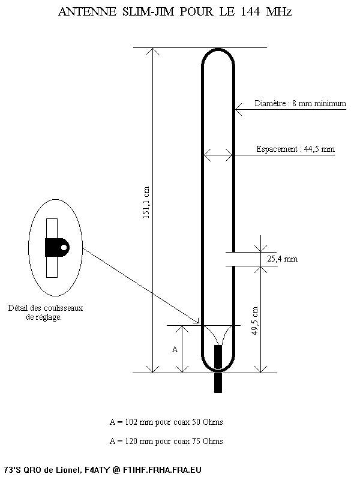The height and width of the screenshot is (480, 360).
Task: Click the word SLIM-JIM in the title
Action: [x=148, y=12]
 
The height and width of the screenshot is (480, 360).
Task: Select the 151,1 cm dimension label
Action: [x=146, y=202]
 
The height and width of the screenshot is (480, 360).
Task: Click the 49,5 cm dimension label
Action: [x=255, y=320]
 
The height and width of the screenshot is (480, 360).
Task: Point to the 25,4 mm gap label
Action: [x=282, y=259]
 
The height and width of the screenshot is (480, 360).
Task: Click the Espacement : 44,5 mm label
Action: [x=295, y=149]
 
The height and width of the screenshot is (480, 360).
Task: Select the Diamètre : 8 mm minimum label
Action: [x=301, y=103]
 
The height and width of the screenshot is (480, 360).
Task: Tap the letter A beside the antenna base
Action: [x=175, y=349]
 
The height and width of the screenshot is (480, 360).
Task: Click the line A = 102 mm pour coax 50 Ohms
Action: [x=166, y=422]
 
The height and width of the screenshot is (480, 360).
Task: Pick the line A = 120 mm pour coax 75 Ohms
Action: [x=166, y=441]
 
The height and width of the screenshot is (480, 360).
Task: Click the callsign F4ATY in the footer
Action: [x=96, y=470]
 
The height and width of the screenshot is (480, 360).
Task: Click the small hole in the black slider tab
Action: [x=64, y=247]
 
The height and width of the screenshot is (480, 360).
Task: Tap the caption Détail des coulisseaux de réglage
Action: [x=46, y=313]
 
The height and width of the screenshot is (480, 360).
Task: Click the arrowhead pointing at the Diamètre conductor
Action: [x=238, y=109]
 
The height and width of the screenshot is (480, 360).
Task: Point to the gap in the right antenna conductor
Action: [x=233, y=259]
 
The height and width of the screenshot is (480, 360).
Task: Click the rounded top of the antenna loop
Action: [x=218, y=50]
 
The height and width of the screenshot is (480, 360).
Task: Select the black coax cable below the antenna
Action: [x=218, y=369]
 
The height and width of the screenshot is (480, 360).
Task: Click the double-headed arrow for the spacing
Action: [x=218, y=155]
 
